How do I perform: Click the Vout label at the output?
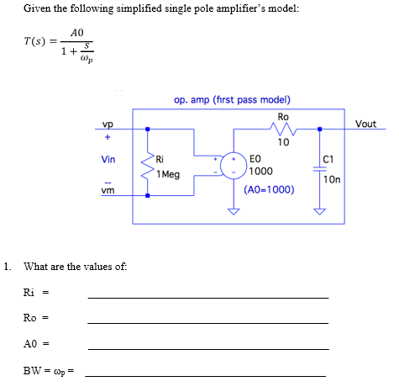click(365, 124)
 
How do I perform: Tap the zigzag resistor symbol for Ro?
click(281, 130)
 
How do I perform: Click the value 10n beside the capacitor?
click(332, 179)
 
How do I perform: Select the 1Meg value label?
click(168, 174)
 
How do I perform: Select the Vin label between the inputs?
click(108, 158)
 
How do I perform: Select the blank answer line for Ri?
click(207, 298)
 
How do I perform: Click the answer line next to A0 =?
click(207, 349)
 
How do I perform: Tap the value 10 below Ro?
click(283, 142)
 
